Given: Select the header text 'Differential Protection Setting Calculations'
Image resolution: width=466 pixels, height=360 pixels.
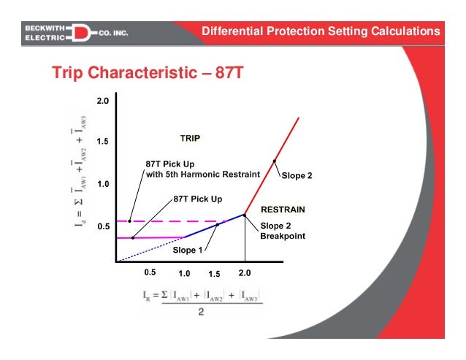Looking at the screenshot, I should click(x=321, y=31).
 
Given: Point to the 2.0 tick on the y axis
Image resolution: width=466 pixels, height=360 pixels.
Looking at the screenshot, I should click(x=102, y=100).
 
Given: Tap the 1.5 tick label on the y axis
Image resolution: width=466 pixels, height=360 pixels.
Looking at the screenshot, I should click(x=102, y=142).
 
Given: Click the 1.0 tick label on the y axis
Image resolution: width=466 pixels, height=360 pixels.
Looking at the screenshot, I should click(x=102, y=184).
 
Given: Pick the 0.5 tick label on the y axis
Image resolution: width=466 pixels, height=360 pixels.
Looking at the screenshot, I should click(x=102, y=226).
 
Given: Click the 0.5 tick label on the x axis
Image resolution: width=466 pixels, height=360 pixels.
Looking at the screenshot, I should click(x=150, y=272).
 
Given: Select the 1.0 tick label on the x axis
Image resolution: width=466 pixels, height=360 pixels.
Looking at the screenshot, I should click(x=183, y=274).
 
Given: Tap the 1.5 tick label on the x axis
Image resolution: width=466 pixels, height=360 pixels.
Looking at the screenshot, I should click(x=214, y=274).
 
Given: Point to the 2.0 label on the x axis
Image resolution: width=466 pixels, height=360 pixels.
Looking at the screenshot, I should click(x=245, y=272).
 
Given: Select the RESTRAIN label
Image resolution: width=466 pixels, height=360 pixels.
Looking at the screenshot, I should click(x=283, y=209).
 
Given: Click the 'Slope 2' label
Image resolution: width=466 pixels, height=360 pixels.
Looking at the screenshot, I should click(x=297, y=176).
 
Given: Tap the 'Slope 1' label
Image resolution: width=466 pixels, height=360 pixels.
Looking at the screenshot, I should click(x=188, y=250).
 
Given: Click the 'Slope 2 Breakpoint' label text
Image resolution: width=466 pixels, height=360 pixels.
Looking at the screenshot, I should click(x=283, y=231).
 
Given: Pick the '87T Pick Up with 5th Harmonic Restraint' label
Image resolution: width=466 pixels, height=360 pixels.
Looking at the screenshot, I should click(x=202, y=169).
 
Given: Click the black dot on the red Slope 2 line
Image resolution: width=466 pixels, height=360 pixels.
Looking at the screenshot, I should click(x=275, y=161).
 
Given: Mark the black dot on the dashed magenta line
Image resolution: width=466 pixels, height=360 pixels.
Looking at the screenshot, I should click(x=130, y=221).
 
